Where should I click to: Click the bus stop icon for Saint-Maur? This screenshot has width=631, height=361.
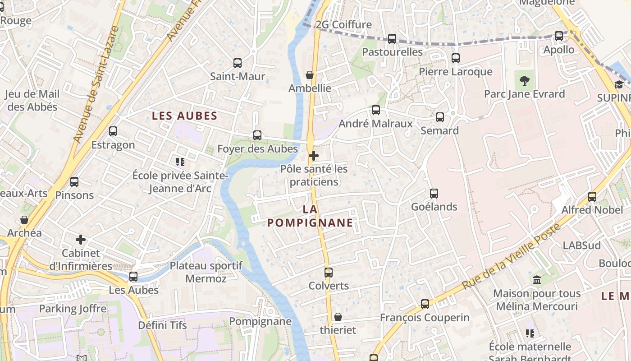[238, 63]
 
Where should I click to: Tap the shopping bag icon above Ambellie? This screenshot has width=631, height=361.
[310, 75]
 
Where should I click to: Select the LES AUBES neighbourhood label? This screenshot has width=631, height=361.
[185, 116]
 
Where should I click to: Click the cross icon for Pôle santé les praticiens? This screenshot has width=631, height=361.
[314, 156]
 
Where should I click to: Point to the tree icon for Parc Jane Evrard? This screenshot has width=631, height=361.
[524, 81]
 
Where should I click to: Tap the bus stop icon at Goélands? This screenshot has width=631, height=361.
[434, 194]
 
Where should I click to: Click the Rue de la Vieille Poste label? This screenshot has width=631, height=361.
[512, 256]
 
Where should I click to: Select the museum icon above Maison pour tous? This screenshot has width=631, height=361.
[537, 280]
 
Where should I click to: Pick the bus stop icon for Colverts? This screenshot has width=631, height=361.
[329, 273]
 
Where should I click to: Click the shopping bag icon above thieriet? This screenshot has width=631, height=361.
[338, 317]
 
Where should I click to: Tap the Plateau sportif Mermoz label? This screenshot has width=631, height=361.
[206, 272]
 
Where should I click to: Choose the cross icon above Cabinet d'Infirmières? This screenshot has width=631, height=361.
[81, 240]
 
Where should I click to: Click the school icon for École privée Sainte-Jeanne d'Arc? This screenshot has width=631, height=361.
[180, 162]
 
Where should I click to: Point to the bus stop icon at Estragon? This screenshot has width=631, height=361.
[113, 131]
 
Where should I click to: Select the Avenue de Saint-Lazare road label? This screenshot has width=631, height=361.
[96, 85]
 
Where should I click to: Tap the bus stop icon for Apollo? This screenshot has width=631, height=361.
[559, 36]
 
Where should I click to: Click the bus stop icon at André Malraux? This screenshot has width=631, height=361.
[375, 110]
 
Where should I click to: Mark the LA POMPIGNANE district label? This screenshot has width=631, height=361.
[310, 216]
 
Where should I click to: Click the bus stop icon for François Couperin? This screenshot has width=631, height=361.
[425, 304]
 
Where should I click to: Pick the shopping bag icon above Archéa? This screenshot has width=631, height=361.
[24, 220]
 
